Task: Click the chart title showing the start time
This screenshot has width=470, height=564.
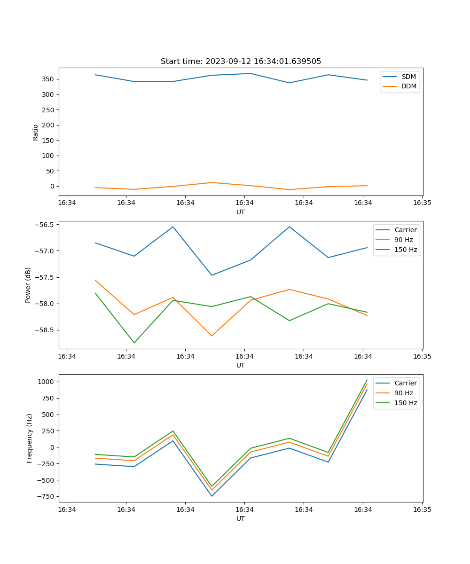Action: (241, 62)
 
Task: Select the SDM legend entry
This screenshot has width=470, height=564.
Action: (408, 77)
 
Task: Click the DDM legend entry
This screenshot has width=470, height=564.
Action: (408, 86)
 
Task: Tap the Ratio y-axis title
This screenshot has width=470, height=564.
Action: (36, 132)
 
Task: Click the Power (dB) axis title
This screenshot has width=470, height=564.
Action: (28, 285)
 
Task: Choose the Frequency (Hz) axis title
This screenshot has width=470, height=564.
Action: (30, 438)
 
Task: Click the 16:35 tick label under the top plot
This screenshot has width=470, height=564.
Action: (422, 203)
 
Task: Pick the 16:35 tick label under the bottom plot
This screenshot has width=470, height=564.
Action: (422, 509)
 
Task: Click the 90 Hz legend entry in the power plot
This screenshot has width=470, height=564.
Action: (403, 240)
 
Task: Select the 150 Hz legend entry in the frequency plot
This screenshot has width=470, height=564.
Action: (406, 403)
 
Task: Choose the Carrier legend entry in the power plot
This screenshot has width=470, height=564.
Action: (405, 230)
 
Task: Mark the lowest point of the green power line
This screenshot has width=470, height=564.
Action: (134, 343)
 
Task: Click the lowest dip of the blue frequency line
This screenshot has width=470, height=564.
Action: (211, 496)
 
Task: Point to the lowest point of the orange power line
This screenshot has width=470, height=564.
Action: (211, 336)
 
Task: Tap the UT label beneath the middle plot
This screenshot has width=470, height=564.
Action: (241, 365)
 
